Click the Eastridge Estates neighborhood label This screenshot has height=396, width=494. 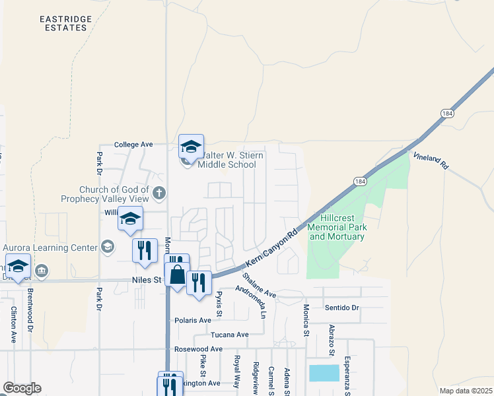click(63, 23)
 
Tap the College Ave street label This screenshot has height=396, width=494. click(133, 144)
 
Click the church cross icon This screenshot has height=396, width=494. click(159, 193)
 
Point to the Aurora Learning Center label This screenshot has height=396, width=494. click(50, 247)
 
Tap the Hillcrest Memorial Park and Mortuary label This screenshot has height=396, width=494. click(337, 227)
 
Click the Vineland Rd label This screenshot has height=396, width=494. click(431, 162)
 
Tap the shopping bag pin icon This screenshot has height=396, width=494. click(177, 274)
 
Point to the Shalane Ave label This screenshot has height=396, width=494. click(258, 285)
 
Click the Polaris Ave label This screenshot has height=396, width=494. click(193, 320)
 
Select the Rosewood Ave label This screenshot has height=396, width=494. click(198, 348)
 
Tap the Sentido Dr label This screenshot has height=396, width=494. click(341, 308)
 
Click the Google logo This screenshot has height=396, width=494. click(22, 388)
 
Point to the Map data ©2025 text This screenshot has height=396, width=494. click(465, 391)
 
